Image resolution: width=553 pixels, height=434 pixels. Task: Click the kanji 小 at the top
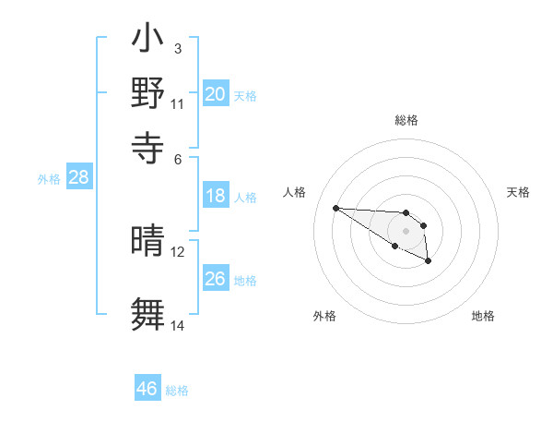pos(147,42)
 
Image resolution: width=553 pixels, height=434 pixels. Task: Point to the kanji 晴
pos(147,242)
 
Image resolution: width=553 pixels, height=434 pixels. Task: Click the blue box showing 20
pos(215,94)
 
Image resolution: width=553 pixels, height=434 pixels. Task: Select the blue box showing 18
pos(215,196)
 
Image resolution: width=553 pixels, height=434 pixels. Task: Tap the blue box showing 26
pos(215,279)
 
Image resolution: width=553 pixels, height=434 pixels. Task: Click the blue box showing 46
pos(147,389)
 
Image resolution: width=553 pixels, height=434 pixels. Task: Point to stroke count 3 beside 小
pos(177,48)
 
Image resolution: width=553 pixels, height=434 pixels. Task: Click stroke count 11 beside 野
pos(178,103)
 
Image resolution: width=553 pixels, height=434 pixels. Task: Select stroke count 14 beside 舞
pos(178,325)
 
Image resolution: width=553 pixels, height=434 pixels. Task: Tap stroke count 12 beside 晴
pos(178,251)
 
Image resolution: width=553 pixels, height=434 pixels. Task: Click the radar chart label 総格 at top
pos(406,120)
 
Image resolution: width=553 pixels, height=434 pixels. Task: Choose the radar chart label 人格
pos(295,192)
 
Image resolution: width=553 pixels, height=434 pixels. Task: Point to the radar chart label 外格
pos(324,316)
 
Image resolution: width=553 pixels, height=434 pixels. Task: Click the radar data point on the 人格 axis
pos(335,208)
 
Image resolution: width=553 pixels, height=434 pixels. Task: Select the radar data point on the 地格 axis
pos(428,261)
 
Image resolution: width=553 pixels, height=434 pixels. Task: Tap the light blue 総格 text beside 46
pos(177,391)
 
